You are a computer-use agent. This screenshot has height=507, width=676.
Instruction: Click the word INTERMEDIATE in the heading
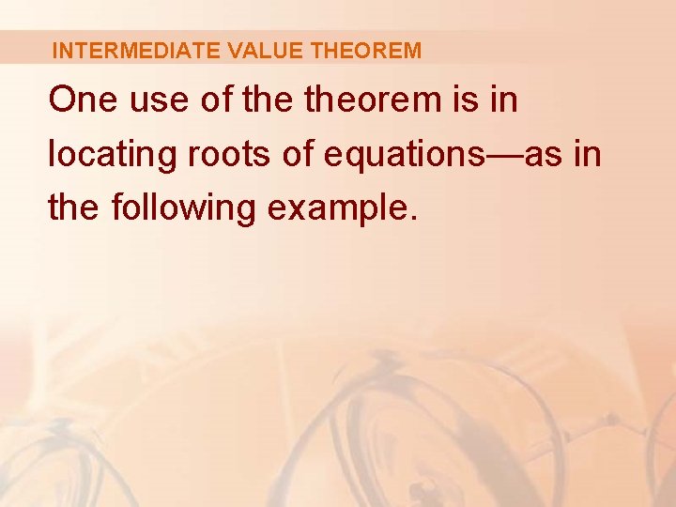click(136, 51)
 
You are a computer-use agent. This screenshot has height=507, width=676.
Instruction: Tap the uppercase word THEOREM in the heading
click(366, 51)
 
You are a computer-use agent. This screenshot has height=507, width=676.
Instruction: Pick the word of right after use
click(215, 100)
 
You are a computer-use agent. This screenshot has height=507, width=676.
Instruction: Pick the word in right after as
click(587, 154)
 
